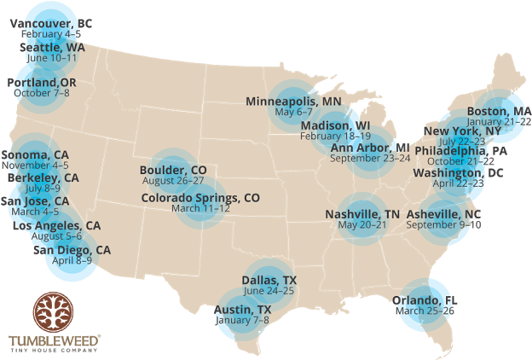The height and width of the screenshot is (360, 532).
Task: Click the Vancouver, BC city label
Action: point(51,23)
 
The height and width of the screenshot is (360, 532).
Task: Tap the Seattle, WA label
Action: point(52,48)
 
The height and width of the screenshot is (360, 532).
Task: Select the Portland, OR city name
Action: point(42,82)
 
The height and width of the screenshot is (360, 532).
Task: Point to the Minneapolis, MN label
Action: point(293,102)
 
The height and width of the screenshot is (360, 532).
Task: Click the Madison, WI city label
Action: point(335,125)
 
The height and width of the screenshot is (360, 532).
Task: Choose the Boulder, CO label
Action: point(173,170)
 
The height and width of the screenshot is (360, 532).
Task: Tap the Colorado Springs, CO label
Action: point(200,197)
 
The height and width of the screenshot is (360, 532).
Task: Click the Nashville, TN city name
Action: point(362,214)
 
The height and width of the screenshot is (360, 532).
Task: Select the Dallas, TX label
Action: point(269,280)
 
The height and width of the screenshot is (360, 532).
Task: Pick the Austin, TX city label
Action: point(243,309)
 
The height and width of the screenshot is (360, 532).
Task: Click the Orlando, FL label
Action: point(425,300)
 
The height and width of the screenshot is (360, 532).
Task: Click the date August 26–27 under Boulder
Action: point(173,181)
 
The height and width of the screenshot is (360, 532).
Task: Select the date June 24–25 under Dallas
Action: point(269,291)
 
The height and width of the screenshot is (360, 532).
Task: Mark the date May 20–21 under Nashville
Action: point(362,225)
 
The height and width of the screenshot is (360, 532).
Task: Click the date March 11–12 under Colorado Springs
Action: point(200,208)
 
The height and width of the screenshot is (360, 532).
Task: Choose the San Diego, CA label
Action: point(72,250)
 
